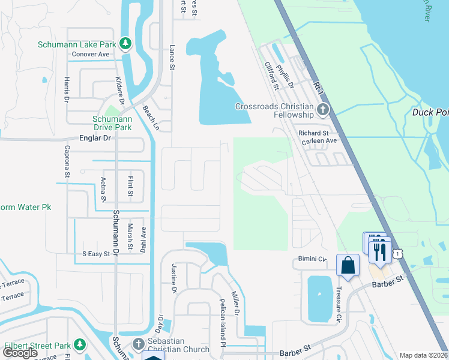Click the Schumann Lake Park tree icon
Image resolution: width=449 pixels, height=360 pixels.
tap(125, 43)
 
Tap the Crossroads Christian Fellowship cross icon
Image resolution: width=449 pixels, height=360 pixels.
tap(324, 109)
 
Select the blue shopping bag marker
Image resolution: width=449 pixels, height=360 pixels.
tap(348, 265)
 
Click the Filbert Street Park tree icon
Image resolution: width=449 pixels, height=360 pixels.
tap(80, 344)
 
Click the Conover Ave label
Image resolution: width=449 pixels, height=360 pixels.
tap(91, 54)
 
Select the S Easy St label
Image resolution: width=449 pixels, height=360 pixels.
tap(96, 254)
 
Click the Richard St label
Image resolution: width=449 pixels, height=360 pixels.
tap(313, 133)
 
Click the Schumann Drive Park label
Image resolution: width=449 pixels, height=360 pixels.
tap(112, 123)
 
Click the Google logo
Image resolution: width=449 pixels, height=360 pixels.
tap(20, 353)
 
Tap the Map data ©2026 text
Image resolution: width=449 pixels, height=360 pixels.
tap(424, 355)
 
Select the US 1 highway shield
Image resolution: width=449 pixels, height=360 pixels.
tap(397, 254)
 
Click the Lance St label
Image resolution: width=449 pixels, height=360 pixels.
tap(172, 59)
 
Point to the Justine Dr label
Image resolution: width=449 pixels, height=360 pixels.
tap(175, 278)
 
